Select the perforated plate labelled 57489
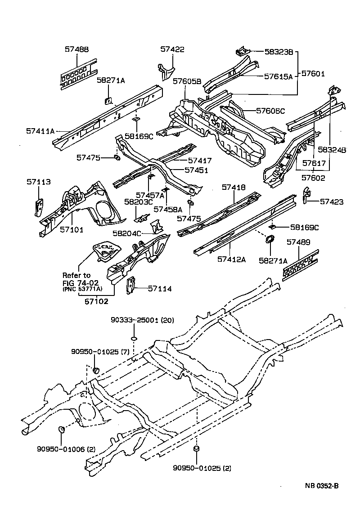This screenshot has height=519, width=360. tap(300, 264)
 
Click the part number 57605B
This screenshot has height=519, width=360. tap(187, 81)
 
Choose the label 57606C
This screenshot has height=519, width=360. tap(270, 111)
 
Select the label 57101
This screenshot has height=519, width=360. tap(72, 229)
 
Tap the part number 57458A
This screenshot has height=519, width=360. tap(168, 209)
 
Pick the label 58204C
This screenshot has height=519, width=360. tap(127, 233)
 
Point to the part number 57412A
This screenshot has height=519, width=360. tap(231, 259)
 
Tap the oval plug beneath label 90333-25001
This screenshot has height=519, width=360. tap(134, 338)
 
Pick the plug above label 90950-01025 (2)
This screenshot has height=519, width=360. tap(196, 449)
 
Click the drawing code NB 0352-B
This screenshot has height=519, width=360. tap(321, 486)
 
